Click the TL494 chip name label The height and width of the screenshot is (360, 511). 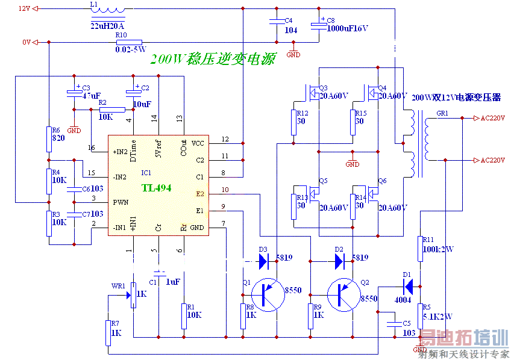tap(157, 188)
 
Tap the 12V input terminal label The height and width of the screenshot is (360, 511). tap(24, 8)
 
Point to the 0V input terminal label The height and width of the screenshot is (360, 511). tap(26, 42)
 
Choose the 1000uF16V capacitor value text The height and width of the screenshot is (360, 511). tap(347, 28)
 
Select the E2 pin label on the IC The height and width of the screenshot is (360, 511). tap(200, 194)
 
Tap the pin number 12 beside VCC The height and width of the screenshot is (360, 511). tap(225, 139)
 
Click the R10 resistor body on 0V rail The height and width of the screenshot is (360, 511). tap(129, 42)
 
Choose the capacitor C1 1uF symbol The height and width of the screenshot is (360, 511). tap(158, 275)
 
